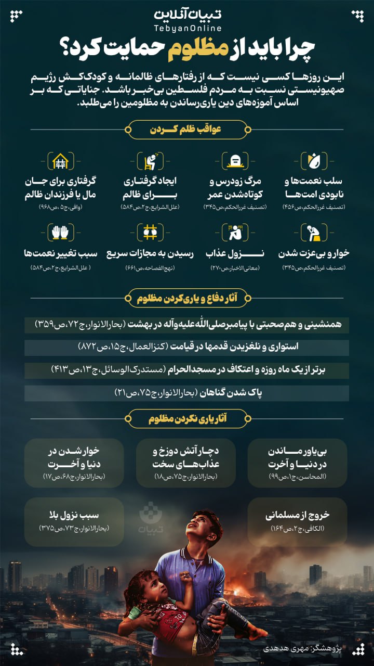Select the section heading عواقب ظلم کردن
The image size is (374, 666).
187,130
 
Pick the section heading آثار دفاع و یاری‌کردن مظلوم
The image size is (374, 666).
187,299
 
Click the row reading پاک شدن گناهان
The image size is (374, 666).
187,393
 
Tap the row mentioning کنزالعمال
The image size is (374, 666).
187,347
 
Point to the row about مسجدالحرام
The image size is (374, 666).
187,370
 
